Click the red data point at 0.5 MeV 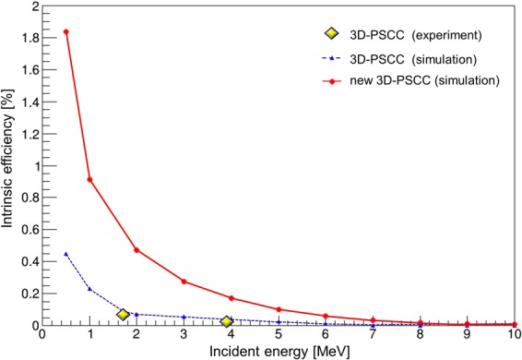(65, 32)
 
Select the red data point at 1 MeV (89, 179)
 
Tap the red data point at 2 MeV (136, 250)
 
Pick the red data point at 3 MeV (184, 282)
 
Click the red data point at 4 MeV (231, 298)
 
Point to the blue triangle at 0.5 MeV (65, 253)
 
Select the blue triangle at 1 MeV (89, 289)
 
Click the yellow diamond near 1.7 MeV (123, 315)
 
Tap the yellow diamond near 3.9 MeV (227, 321)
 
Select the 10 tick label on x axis (515, 335)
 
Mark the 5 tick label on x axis (279, 335)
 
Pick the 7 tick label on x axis (373, 335)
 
